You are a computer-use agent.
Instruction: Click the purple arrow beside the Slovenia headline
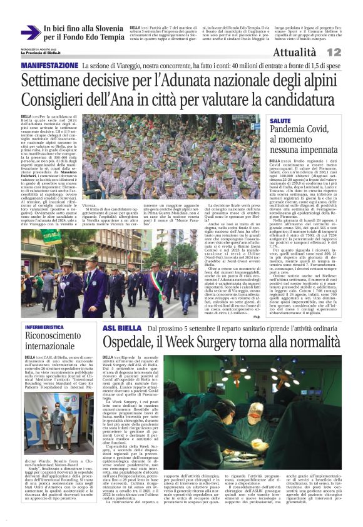[30, 33]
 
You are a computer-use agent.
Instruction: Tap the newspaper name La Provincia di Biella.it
[41, 53]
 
